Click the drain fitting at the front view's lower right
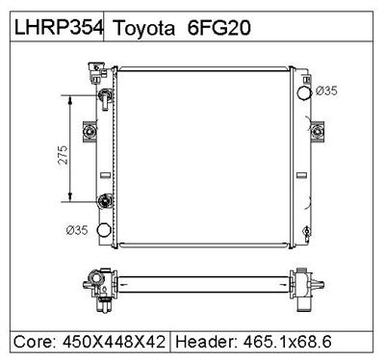[305, 231]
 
